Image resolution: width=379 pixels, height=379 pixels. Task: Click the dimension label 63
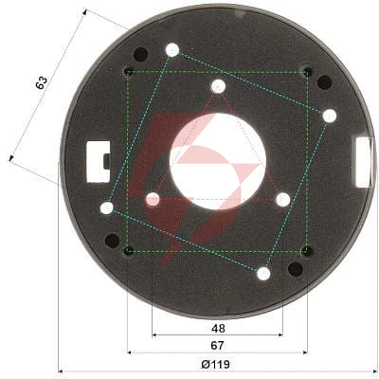(42, 82)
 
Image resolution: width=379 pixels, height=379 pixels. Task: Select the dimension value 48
(218, 329)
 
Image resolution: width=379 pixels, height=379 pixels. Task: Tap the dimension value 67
(217, 346)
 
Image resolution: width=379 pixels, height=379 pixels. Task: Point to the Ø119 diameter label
(215, 365)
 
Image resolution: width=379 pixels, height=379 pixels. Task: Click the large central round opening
(218, 162)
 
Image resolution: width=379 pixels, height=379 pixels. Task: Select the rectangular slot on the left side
(99, 162)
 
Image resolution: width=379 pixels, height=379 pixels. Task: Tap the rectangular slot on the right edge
(364, 162)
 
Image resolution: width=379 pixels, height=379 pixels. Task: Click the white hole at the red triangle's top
(218, 86)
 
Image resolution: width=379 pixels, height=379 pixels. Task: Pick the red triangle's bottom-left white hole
(153, 199)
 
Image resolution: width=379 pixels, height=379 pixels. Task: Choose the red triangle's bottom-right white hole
(283, 200)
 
